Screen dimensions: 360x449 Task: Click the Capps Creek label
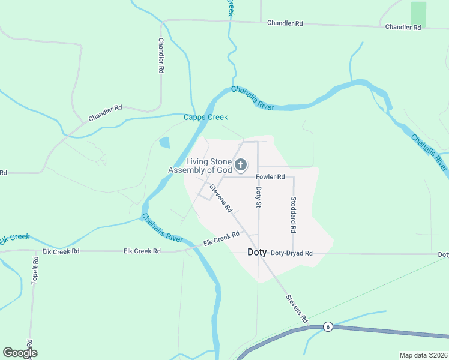tap(206, 118)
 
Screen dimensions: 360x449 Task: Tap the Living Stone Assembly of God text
tap(200, 166)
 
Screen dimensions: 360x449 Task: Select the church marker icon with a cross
tap(241, 164)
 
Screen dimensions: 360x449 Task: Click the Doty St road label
tap(259, 197)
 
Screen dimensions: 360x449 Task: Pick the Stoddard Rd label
tap(293, 214)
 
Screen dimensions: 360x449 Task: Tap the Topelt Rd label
tap(35, 272)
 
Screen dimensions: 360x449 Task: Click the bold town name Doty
tap(257, 253)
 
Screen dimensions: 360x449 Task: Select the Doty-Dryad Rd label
tap(292, 253)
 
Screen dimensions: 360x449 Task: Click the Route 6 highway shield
tap(327, 326)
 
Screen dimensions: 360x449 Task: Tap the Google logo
tap(20, 353)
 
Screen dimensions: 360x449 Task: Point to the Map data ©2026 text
tap(423, 355)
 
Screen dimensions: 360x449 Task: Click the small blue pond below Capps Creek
tap(164, 143)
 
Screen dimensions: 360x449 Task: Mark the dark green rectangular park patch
tap(418, 13)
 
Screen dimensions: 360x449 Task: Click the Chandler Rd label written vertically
tap(161, 56)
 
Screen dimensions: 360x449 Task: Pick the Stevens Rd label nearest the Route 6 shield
tap(297, 308)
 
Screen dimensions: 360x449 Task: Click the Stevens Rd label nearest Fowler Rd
tap(220, 198)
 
